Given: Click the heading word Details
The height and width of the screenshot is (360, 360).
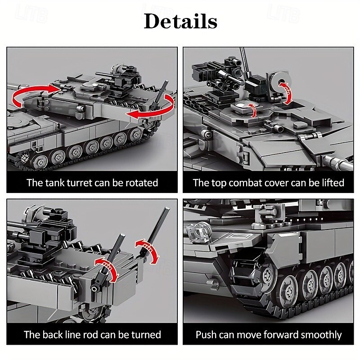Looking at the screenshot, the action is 180,21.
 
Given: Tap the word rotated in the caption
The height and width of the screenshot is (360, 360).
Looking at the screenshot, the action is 142,183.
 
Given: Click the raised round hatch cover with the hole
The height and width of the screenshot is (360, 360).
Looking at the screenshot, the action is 279,81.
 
